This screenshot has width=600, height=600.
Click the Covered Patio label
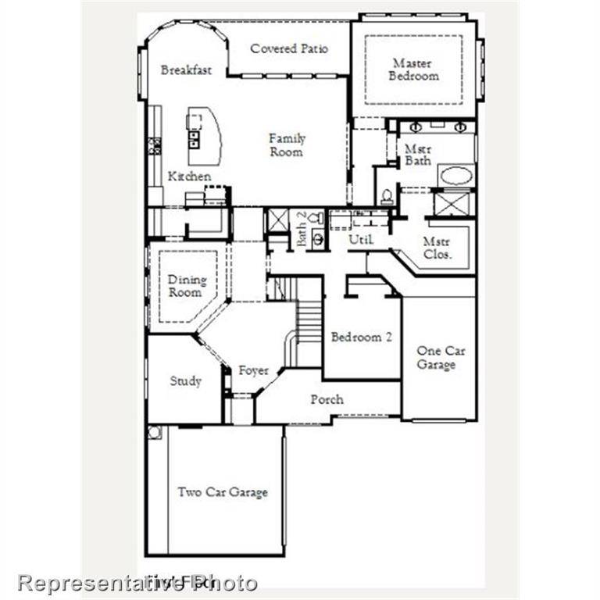pyautogui.click(x=289, y=48)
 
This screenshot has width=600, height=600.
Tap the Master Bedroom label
pyautogui.click(x=415, y=70)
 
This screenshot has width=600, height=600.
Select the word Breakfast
pyautogui.click(x=186, y=70)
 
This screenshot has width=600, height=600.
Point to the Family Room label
pyautogui.click(x=287, y=145)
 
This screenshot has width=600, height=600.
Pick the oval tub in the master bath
pyautogui.click(x=455, y=175)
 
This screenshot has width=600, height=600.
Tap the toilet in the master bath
pyautogui.click(x=387, y=195)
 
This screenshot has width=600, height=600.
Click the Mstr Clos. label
pyautogui.click(x=437, y=248)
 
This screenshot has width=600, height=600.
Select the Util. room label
pyautogui.click(x=361, y=240)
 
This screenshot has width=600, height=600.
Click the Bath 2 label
pyautogui.click(x=302, y=229)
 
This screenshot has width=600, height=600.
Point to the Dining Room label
pyautogui.click(x=187, y=286)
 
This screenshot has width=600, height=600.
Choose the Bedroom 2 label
pyautogui.click(x=361, y=337)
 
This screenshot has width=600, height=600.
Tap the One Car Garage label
pyautogui.click(x=440, y=358)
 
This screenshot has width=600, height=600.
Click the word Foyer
pyautogui.click(x=254, y=370)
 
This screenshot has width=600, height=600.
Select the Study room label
pyautogui.click(x=186, y=381)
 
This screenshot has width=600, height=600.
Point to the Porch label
pyautogui.click(x=327, y=399)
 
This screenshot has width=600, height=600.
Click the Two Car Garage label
pyautogui.click(x=223, y=492)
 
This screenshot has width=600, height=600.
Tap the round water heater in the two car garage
pyautogui.click(x=155, y=432)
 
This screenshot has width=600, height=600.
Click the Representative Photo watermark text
pyautogui.click(x=137, y=583)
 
